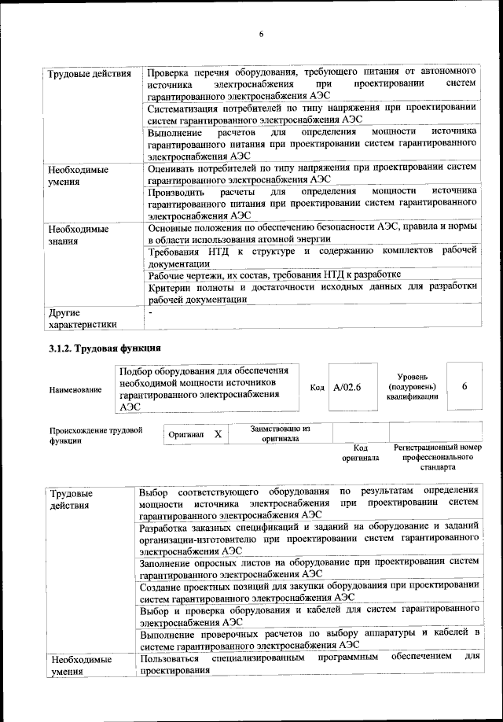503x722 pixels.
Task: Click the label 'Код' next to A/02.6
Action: click(x=318, y=388)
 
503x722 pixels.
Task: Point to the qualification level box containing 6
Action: click(x=464, y=388)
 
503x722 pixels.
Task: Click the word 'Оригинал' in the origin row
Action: click(x=186, y=434)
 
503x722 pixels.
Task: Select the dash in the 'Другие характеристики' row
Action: click(x=149, y=312)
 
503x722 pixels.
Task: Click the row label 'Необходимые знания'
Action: click(x=77, y=235)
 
